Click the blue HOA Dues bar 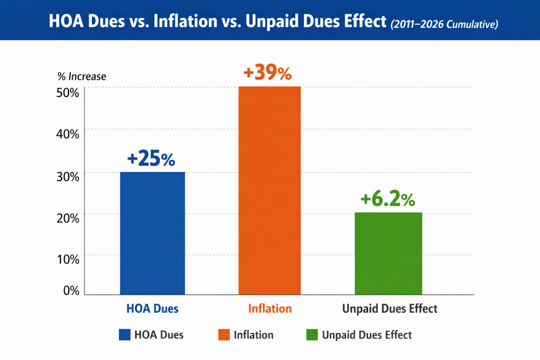coord(152,233)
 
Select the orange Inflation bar coord(270,190)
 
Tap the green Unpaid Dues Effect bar coord(388,253)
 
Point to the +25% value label coord(151,159)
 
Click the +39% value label coord(267,73)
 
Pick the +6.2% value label coord(387,199)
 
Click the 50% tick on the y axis coord(68,92)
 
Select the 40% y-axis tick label coord(68,134)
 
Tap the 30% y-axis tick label coord(68,176)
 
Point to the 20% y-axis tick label coord(68,217)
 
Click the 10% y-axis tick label coord(68,259)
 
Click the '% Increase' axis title coord(82,76)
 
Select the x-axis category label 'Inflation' coord(270,309)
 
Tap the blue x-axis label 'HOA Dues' coord(152,309)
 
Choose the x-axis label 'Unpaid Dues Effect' coord(390,309)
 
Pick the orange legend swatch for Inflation coord(224,335)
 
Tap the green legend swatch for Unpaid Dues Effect coord(311,335)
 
